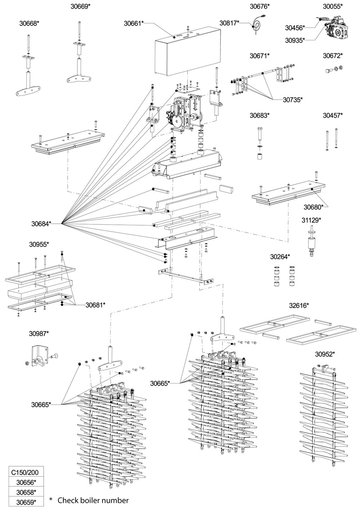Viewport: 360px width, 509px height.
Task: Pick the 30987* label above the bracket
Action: (x=39, y=333)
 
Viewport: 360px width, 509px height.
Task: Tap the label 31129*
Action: (x=311, y=219)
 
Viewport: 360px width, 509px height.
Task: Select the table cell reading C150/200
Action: (x=26, y=472)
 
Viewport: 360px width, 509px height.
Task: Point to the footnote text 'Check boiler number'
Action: (x=93, y=500)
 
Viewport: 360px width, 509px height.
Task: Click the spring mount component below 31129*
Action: (x=311, y=243)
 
